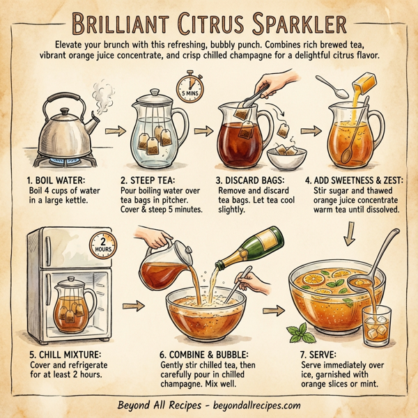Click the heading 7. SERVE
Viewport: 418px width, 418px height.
pos(322,354)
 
